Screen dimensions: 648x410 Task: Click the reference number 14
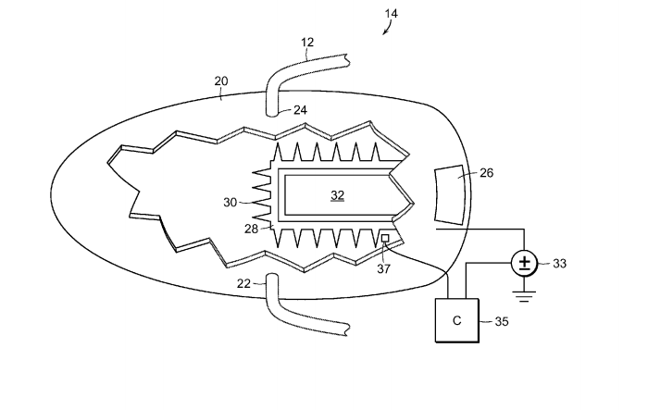[x=391, y=14]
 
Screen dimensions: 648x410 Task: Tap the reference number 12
[x=307, y=43]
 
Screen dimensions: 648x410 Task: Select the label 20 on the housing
[x=221, y=81]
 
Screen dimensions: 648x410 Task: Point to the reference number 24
[x=301, y=110]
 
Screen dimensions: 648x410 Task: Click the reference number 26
[x=486, y=173]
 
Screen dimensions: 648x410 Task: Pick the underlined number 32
[x=338, y=195]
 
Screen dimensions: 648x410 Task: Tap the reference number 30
[x=231, y=203]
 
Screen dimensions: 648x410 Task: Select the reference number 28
[x=251, y=229]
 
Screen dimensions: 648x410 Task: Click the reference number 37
[x=383, y=268]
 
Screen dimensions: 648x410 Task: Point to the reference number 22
[x=243, y=283]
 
